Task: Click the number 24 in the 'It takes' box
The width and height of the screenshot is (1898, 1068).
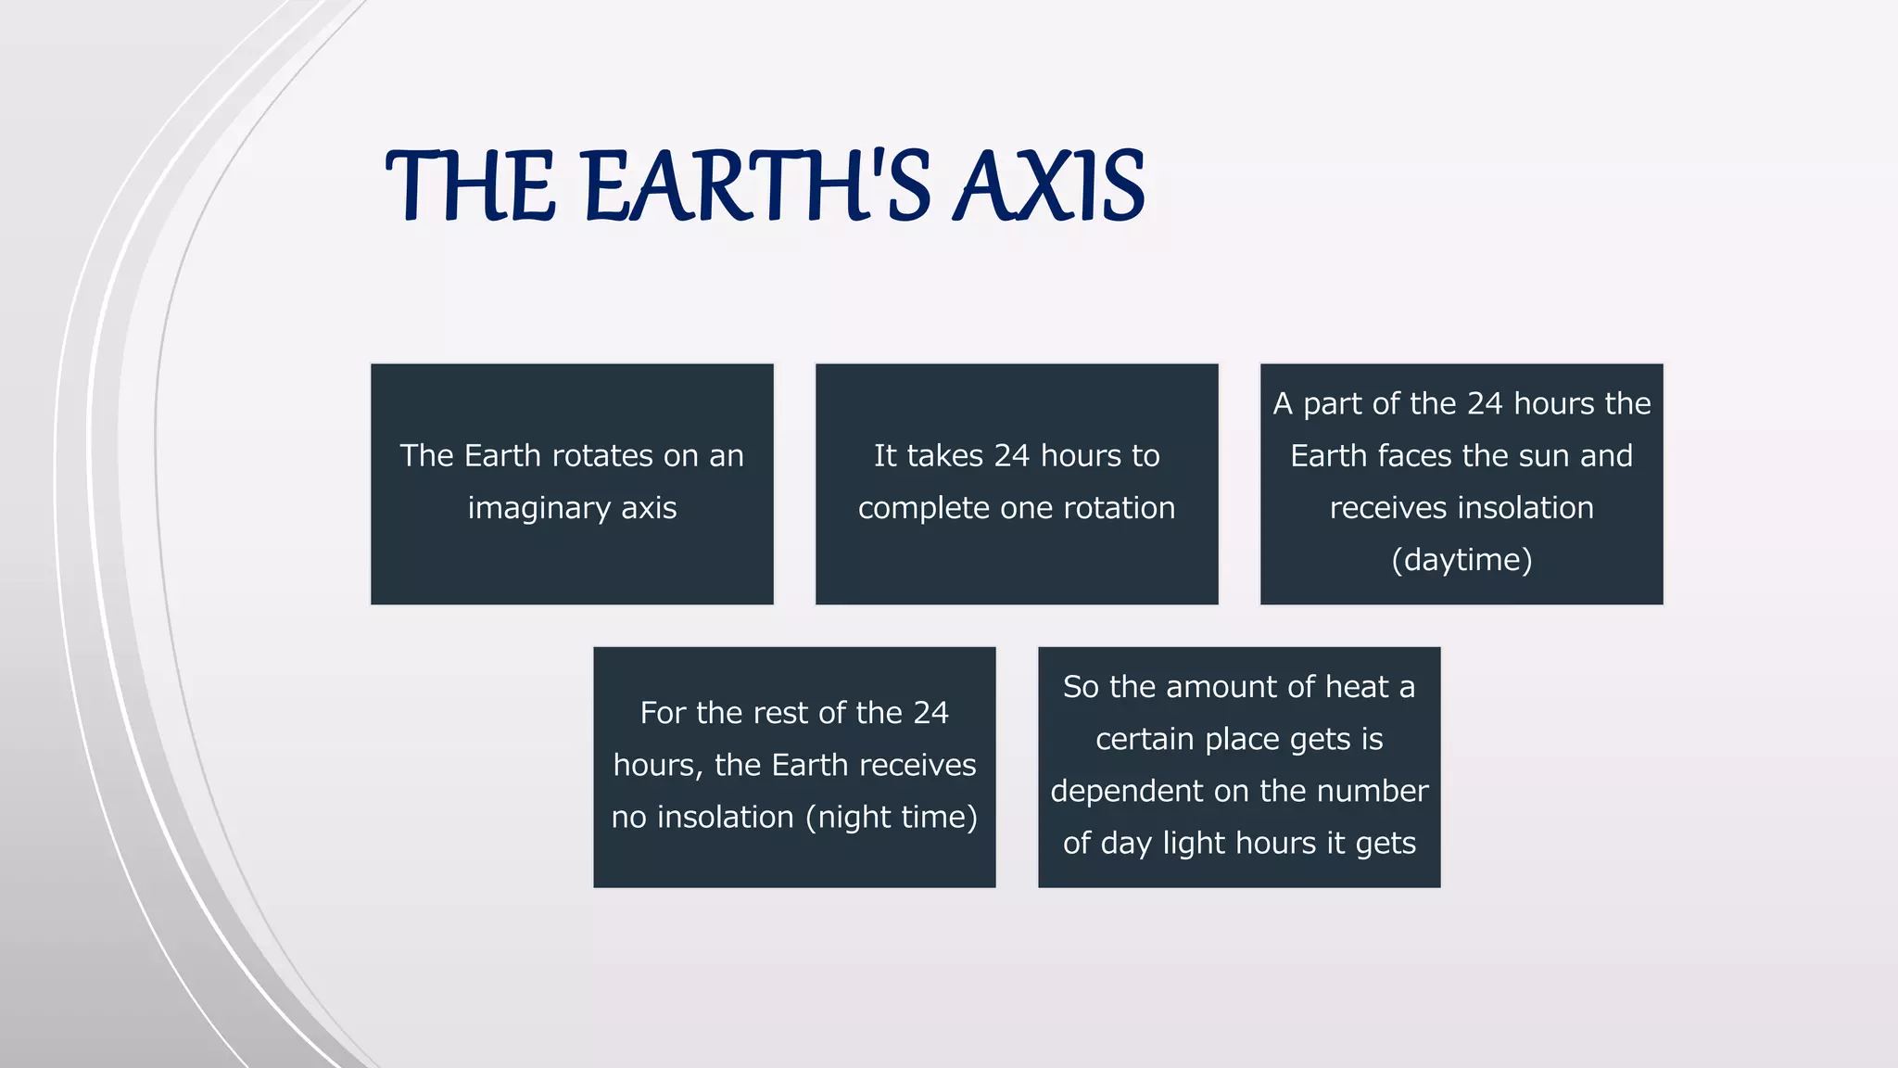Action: point(1012,455)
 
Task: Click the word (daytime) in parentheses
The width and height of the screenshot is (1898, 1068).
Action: point(1461,560)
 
